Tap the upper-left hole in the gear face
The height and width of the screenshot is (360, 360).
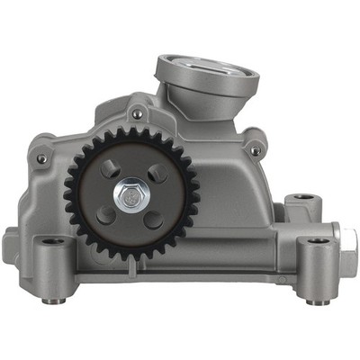pyautogui.click(x=108, y=168)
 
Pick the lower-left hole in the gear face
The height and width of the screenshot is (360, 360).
pyautogui.click(x=105, y=213)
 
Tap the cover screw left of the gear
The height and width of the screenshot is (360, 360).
pyautogui.click(x=41, y=159)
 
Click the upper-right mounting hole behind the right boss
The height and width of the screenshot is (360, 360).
pyautogui.click(x=302, y=196)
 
